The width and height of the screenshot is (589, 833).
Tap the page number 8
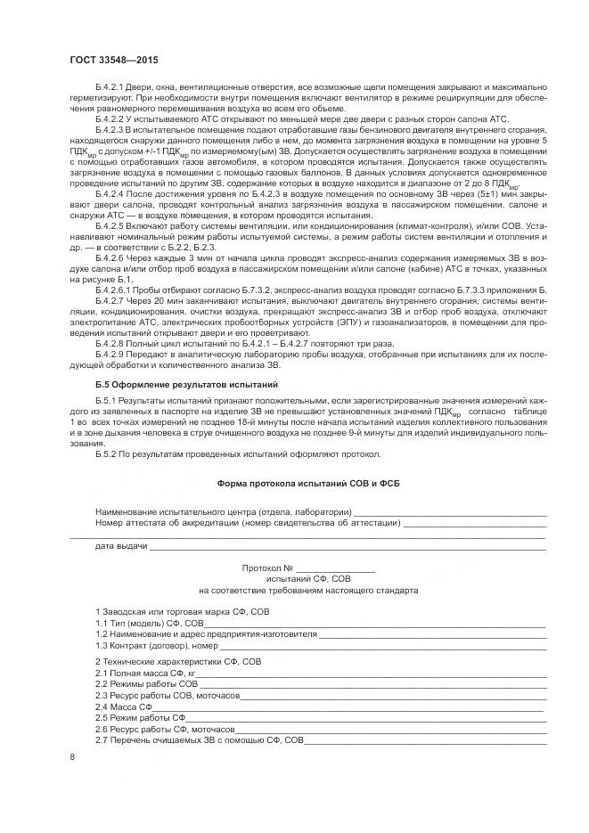pos(72,757)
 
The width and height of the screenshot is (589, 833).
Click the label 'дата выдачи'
pos(121,544)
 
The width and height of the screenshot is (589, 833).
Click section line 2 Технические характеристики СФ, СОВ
pos(178,662)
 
